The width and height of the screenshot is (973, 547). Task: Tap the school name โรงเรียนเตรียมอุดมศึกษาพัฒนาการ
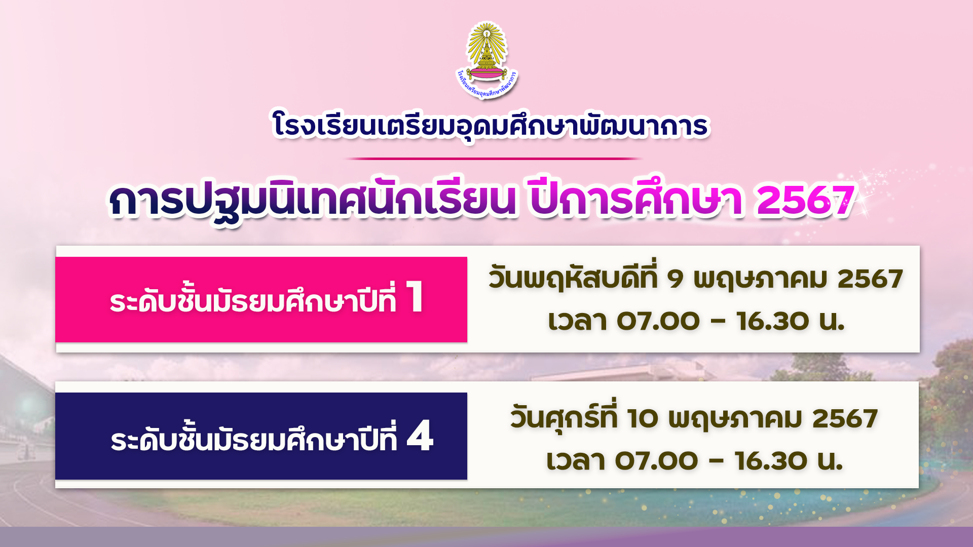coord(490,126)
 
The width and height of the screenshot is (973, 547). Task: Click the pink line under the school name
coord(493,159)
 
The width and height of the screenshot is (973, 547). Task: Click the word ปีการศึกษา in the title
coord(637,199)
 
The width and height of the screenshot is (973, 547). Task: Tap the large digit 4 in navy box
coord(420,436)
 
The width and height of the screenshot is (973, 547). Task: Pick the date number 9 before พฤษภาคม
coord(675,279)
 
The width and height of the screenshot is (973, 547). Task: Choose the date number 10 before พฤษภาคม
coord(643,419)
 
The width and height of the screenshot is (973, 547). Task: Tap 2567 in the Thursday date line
coord(870,279)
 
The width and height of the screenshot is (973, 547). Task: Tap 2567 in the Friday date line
coord(845,419)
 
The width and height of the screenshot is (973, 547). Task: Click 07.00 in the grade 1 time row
coord(658,321)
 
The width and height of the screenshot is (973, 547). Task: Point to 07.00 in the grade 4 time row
coord(657,461)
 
